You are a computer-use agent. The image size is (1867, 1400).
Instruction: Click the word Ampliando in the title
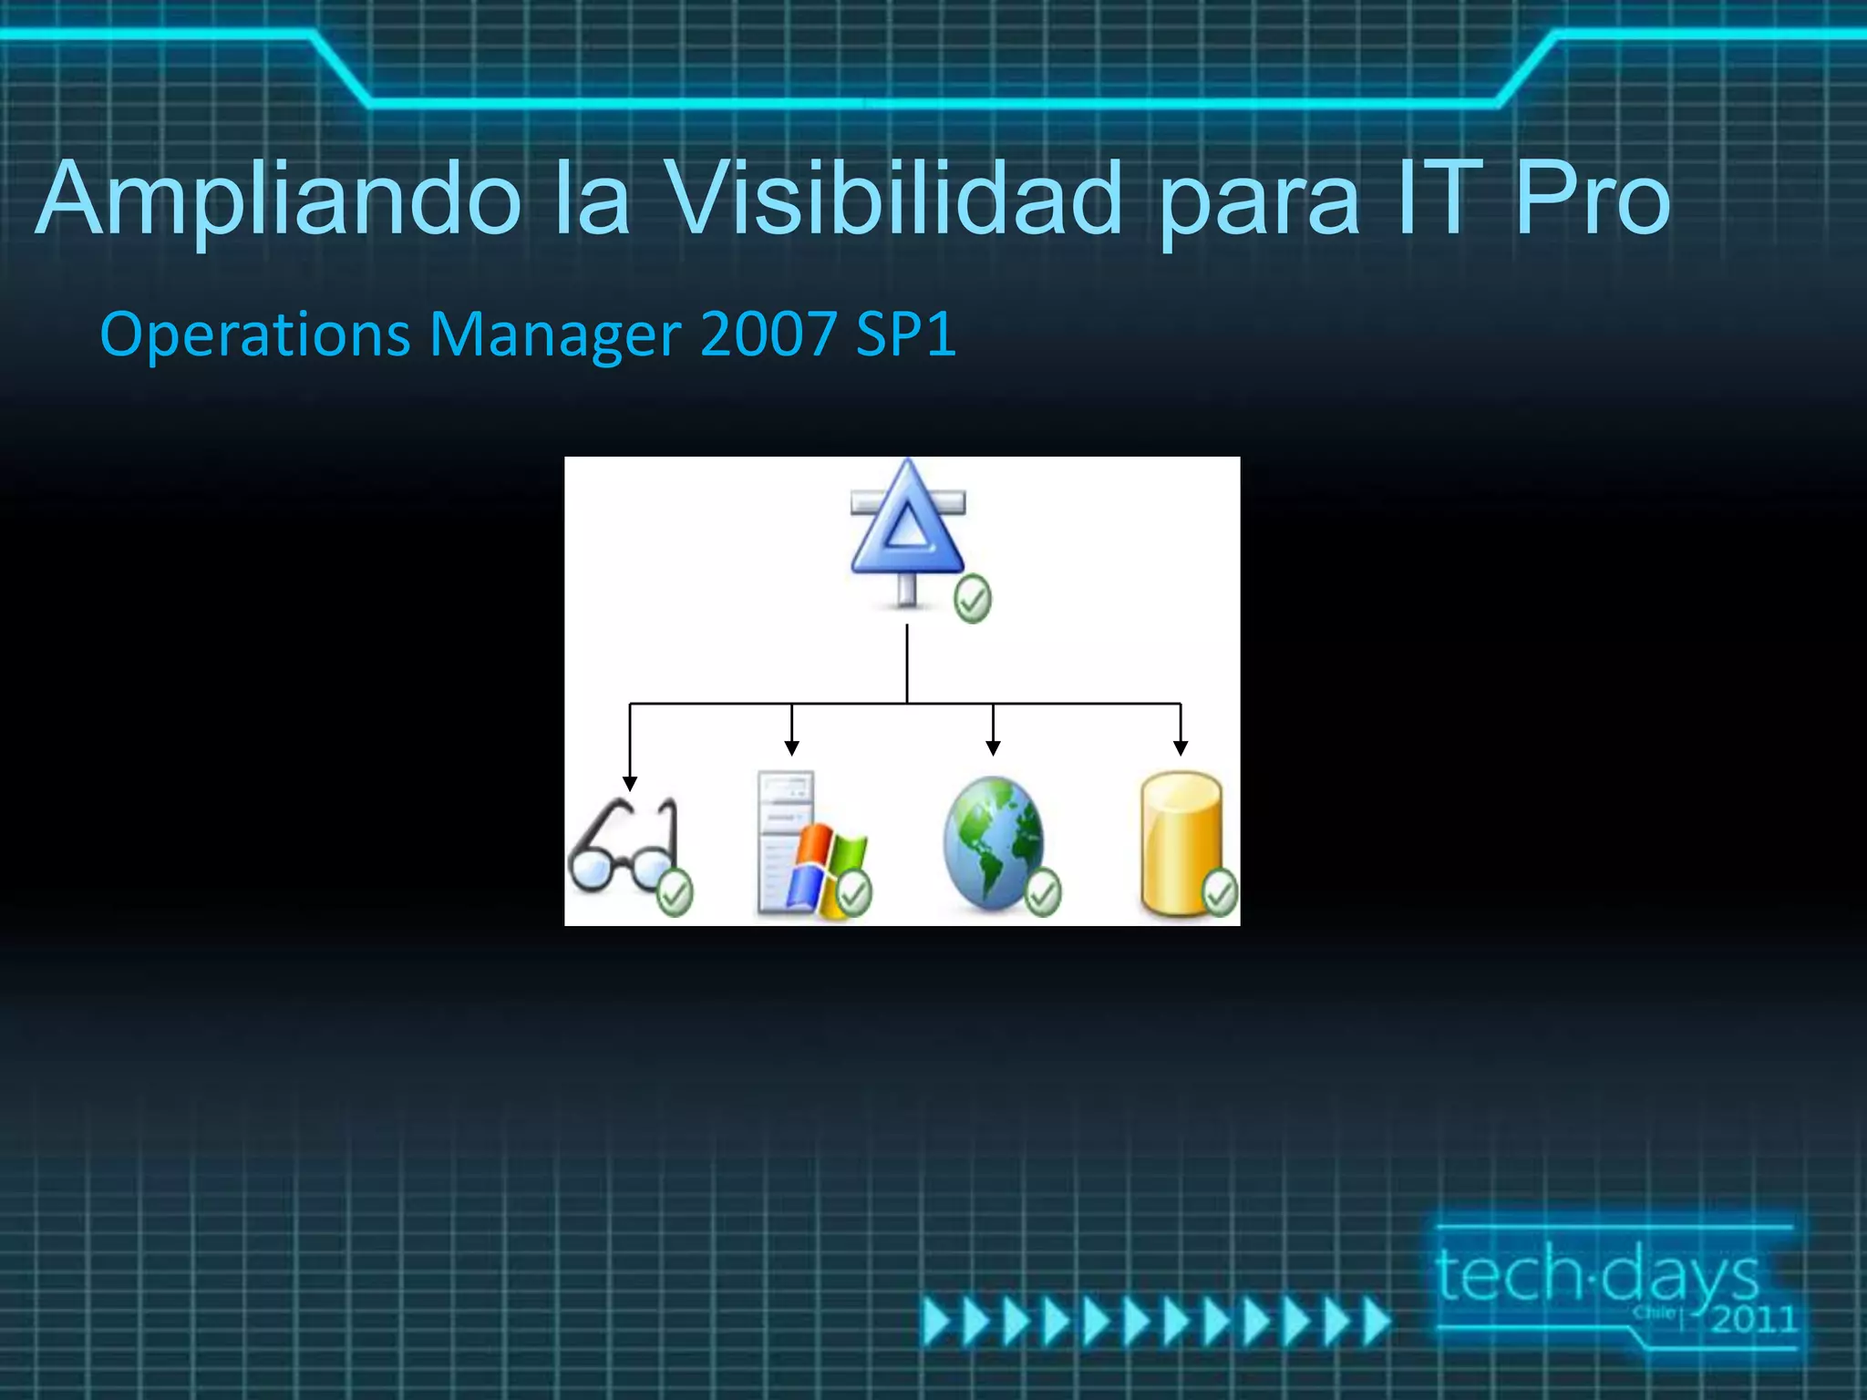pyautogui.click(x=278, y=199)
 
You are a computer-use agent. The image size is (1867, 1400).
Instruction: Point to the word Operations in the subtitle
pyautogui.click(x=255, y=335)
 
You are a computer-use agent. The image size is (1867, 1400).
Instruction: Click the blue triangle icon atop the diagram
pyautogui.click(x=906, y=524)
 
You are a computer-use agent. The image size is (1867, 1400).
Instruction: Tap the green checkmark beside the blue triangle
pyautogui.click(x=972, y=599)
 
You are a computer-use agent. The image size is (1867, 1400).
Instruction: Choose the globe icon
pyautogui.click(x=991, y=843)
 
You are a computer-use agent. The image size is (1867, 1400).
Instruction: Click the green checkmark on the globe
pyautogui.click(x=1042, y=892)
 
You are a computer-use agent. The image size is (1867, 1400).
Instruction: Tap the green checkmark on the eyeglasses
pyautogui.click(x=675, y=893)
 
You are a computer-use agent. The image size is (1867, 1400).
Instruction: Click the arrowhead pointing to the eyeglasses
pyautogui.click(x=630, y=784)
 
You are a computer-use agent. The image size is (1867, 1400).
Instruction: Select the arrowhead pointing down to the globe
pyautogui.click(x=993, y=747)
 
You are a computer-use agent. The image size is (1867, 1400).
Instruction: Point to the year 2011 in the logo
pyautogui.click(x=1752, y=1319)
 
